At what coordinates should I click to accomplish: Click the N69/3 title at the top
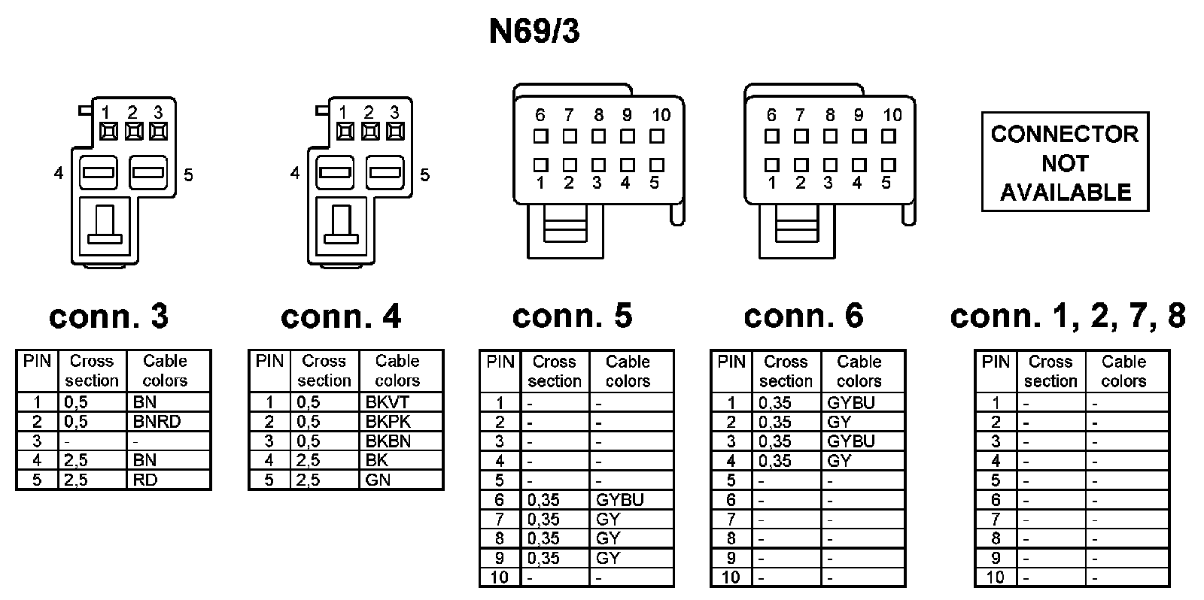[x=534, y=32]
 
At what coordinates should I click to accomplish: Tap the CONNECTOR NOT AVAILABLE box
[x=1065, y=162]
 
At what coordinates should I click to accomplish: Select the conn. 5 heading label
[x=572, y=317]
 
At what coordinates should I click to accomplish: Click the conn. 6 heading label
[x=804, y=317]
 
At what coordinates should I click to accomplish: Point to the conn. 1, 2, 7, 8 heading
[x=1068, y=317]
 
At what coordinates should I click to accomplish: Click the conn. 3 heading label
[x=109, y=317]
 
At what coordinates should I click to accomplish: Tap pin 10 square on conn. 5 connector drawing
[x=657, y=137]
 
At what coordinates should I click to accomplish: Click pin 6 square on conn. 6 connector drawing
[x=771, y=137]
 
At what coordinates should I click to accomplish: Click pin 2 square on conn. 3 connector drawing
[x=133, y=132]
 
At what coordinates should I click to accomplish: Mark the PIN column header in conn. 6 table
[x=731, y=362]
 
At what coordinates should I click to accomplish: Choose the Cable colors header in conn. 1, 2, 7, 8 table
[x=1123, y=371]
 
